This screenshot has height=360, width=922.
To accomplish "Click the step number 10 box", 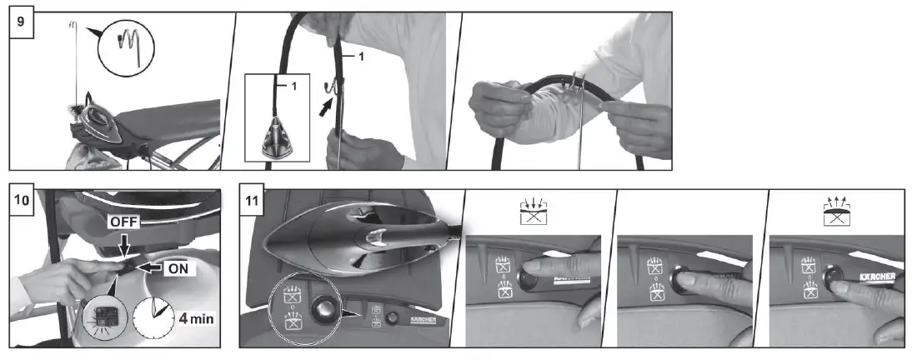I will point(23,202).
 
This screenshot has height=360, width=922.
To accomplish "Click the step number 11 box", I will point(253,202).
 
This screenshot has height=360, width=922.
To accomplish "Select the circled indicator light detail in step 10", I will point(106,316).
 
